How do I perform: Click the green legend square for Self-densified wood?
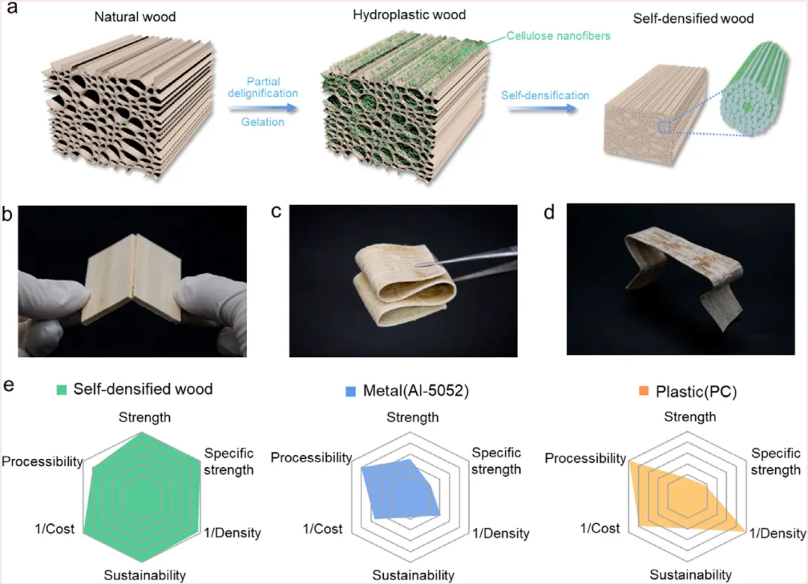(62, 389)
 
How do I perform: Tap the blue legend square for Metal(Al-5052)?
(349, 391)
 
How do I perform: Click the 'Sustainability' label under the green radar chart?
(144, 575)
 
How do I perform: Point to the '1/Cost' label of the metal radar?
(322, 529)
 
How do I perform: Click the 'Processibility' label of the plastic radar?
(585, 458)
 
